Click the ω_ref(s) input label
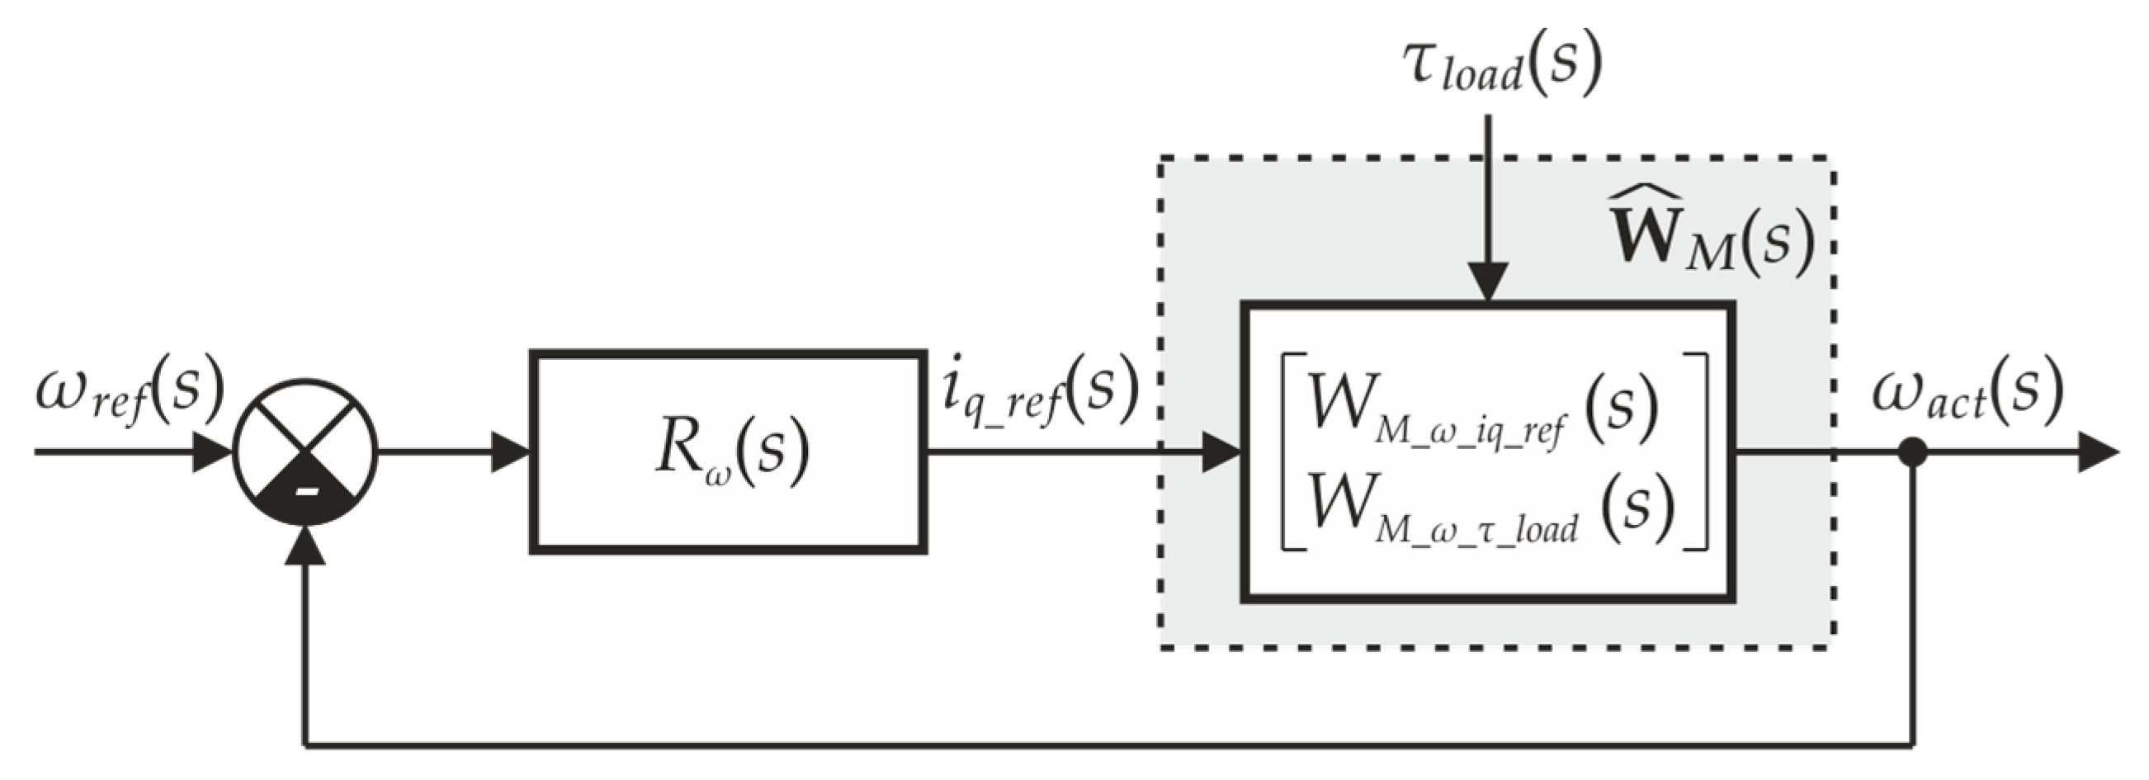(130, 390)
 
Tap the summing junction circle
(305, 453)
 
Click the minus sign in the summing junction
(306, 491)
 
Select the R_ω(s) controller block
(728, 451)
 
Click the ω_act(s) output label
(1965, 390)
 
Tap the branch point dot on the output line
(1911, 453)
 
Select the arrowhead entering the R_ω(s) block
(510, 453)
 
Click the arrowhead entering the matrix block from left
(1220, 453)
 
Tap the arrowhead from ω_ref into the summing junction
(212, 453)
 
